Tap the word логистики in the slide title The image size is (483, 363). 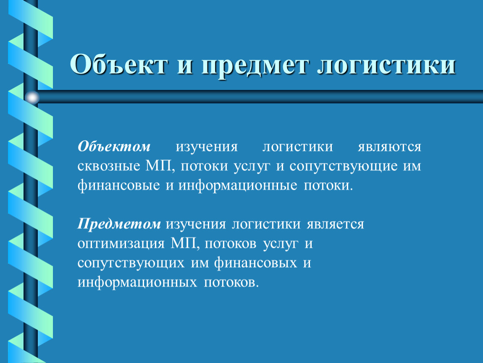click(386, 66)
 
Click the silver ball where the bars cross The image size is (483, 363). click(32, 98)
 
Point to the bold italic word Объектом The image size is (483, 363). click(114, 146)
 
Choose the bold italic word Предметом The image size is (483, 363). click(119, 224)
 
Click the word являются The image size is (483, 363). click(389, 147)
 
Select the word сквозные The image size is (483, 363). click(109, 166)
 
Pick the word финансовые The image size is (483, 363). click(118, 186)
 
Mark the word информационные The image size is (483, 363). click(238, 186)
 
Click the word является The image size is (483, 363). click(335, 224)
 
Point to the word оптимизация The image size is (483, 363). click(121, 244)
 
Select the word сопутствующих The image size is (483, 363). click(131, 263)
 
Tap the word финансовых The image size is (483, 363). click(255, 263)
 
